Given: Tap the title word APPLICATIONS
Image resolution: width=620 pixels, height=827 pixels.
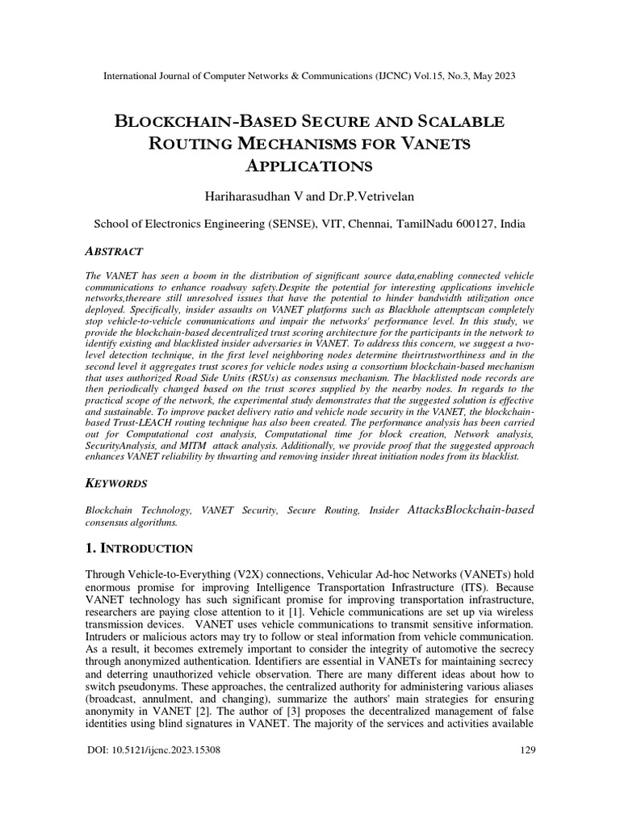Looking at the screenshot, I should tap(310, 166).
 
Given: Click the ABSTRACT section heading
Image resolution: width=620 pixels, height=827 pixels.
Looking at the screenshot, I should tap(115, 252).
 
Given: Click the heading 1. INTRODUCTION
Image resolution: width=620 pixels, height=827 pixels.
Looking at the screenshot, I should tap(139, 549).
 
